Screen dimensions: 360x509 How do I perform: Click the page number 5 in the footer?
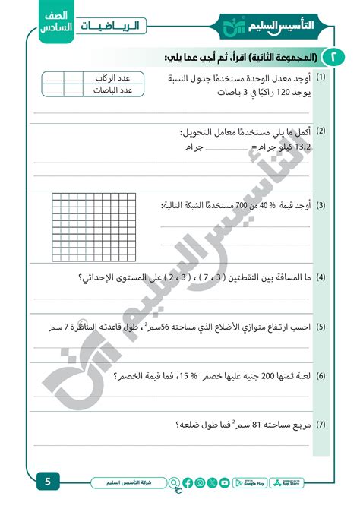[47, 482]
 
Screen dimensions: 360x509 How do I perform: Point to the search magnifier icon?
[175, 482]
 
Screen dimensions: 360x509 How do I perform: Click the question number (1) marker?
[321, 78]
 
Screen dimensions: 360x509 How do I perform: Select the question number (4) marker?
[321, 277]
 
